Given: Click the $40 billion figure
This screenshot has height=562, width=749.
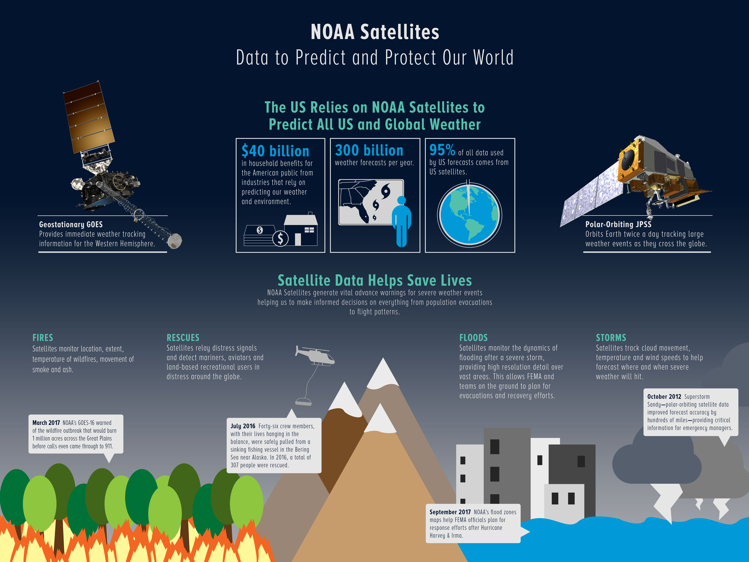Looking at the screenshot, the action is click(x=275, y=151).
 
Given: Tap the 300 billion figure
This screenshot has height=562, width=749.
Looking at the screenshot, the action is click(x=369, y=150).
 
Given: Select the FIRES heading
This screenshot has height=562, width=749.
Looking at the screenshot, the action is click(x=43, y=338).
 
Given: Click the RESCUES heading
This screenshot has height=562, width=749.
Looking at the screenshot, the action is click(x=183, y=338).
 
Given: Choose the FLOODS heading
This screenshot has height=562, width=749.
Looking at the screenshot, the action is click(x=473, y=338).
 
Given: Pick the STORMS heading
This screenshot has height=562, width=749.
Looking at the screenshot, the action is click(x=611, y=338).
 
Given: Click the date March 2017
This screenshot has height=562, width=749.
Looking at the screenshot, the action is click(x=46, y=423).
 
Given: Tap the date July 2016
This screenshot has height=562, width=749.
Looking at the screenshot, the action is click(x=243, y=426).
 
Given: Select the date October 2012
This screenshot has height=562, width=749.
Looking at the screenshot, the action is click(x=664, y=397).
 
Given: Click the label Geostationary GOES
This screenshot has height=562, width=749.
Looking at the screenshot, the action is click(x=71, y=225).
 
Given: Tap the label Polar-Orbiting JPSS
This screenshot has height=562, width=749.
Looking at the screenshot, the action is click(x=618, y=224).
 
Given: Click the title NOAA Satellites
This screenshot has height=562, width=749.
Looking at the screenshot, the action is click(x=375, y=32).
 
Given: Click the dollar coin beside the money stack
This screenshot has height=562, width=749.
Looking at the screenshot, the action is click(x=280, y=239).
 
